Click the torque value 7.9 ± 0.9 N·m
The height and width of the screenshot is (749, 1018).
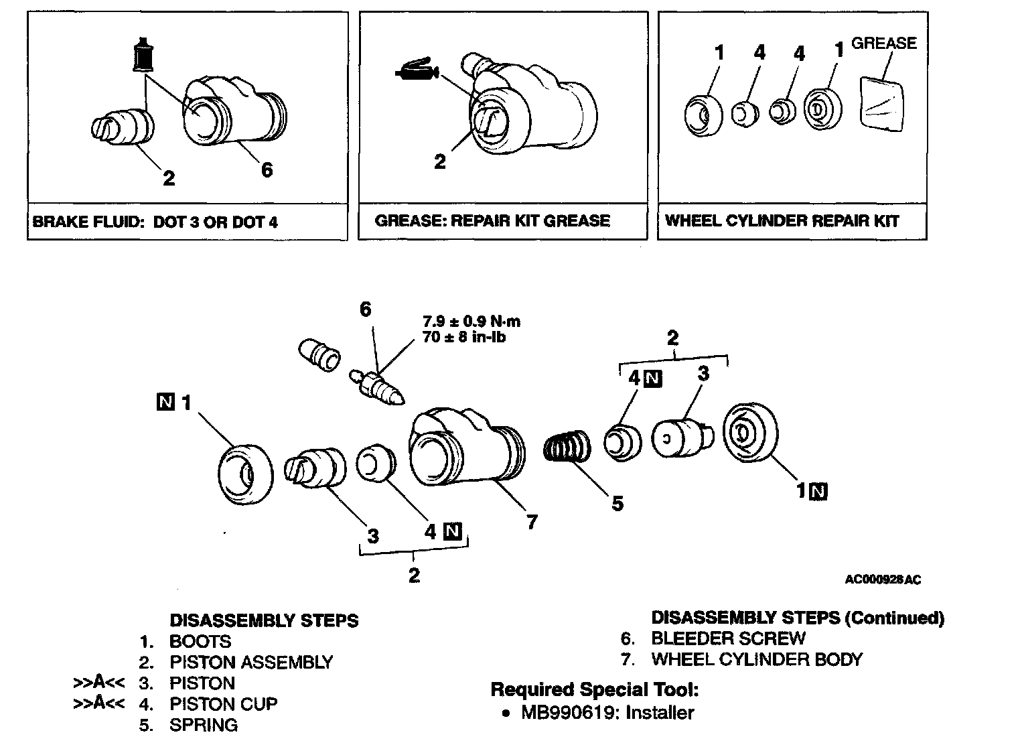tap(471, 322)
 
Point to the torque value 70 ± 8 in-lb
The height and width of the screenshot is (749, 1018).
tap(464, 337)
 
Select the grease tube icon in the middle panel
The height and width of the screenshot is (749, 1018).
tap(415, 70)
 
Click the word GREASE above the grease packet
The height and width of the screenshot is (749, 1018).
tap(883, 44)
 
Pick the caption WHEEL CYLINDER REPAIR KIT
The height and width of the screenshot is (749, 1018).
tap(782, 221)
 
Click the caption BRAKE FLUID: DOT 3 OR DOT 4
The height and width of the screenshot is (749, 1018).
tap(155, 222)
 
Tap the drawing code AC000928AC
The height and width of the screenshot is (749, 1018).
tap(883, 580)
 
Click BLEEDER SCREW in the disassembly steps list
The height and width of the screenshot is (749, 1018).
tap(728, 638)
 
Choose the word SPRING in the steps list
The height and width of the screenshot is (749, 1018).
tap(203, 725)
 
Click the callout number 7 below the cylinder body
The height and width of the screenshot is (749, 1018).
tap(532, 521)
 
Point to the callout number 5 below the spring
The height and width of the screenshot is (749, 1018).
tap(617, 502)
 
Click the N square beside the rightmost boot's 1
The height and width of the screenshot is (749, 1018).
tap(818, 492)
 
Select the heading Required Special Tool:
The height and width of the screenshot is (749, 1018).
tap(595, 689)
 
